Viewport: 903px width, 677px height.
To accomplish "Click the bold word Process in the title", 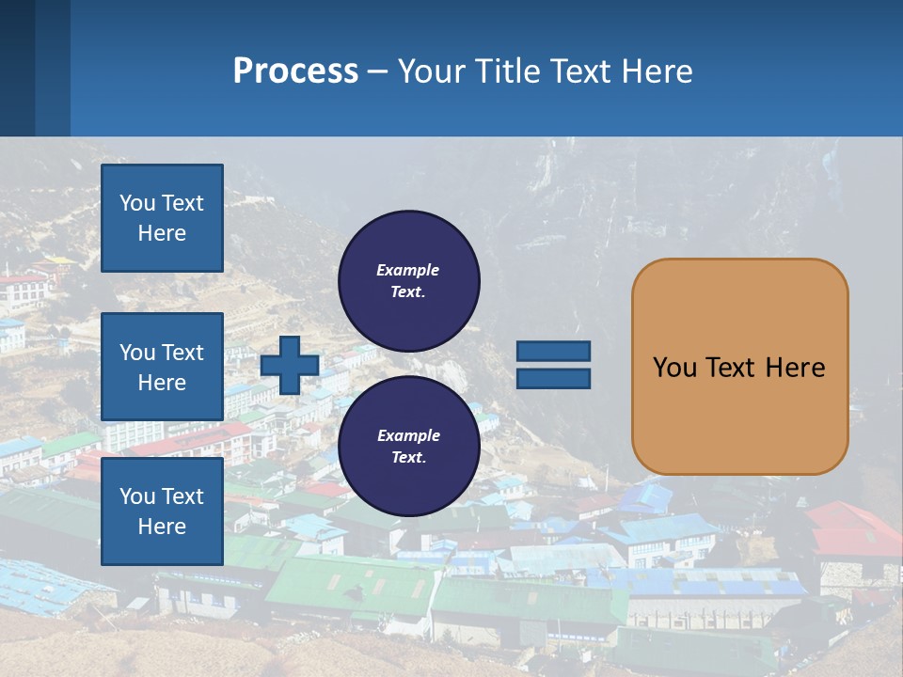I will click(295, 71).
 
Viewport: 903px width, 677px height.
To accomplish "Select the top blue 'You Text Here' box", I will click(162, 218).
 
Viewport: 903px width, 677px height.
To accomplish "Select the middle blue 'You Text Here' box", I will click(162, 367).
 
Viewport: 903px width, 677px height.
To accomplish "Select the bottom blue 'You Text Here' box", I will click(162, 511).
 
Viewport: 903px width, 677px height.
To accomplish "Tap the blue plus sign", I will click(290, 366).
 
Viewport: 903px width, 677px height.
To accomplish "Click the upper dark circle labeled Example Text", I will click(408, 280).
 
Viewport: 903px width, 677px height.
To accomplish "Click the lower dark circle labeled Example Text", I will click(408, 446).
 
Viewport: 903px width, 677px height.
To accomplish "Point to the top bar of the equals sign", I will click(553, 352).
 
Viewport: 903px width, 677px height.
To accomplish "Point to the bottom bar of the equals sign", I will click(553, 378).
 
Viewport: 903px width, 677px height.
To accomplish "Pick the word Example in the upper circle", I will click(407, 270).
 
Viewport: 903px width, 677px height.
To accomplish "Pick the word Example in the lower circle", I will click(408, 435).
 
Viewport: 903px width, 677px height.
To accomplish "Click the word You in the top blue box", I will click(136, 203).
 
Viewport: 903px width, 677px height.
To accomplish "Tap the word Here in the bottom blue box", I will click(162, 527).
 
